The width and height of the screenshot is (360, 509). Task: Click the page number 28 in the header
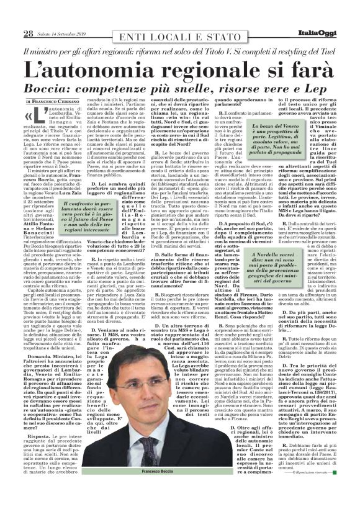(28, 32)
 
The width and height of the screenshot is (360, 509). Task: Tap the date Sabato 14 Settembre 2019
(65, 34)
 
